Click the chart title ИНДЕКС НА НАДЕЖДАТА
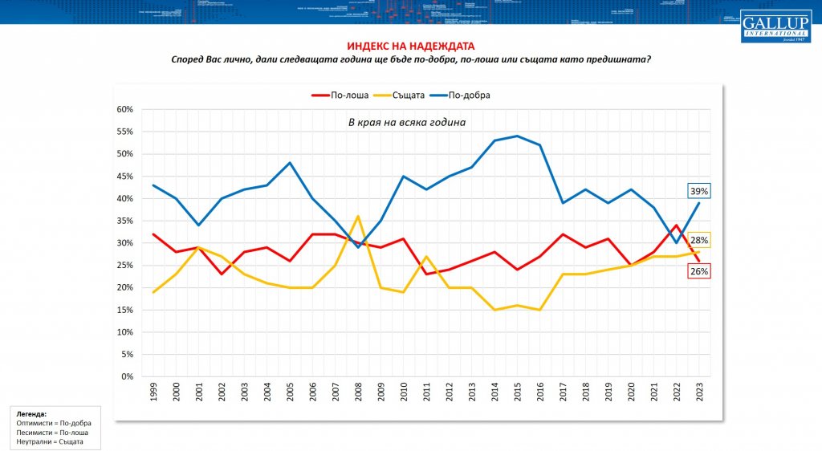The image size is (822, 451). point(410,47)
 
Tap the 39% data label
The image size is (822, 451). point(698,191)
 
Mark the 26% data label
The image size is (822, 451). point(698,271)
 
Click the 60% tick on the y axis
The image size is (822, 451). point(124,109)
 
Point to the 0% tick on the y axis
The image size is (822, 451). point(127,376)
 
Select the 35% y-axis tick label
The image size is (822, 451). point(124,221)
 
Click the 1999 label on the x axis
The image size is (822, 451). point(153,392)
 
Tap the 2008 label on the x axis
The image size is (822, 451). point(358,392)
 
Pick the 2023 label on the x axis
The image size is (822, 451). point(698,392)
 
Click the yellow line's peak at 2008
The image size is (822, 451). point(358,217)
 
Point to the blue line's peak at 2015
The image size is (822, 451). point(517,136)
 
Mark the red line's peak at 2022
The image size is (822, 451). point(676,225)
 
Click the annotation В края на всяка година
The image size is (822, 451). point(406,122)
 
